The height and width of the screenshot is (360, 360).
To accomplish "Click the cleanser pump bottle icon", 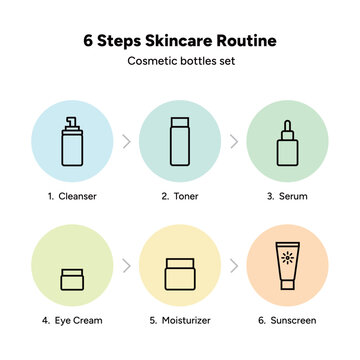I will point(70,141).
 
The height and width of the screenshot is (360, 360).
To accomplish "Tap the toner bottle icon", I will point(179,141).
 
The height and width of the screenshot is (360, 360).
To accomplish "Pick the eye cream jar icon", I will point(70,279).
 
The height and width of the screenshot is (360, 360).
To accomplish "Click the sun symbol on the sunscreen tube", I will point(289,262).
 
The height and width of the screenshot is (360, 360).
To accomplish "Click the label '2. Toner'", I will point(179,197).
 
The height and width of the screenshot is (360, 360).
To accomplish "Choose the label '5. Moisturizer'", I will point(179,322).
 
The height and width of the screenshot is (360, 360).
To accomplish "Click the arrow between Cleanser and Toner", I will point(125,141).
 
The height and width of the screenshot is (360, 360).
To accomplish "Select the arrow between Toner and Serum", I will point(234,141).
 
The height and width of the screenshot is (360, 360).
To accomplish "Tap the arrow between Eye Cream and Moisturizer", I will point(125,267).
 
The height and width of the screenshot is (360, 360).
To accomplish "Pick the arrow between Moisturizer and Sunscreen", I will point(234,267).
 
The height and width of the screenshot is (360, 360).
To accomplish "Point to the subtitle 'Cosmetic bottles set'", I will point(180,63).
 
